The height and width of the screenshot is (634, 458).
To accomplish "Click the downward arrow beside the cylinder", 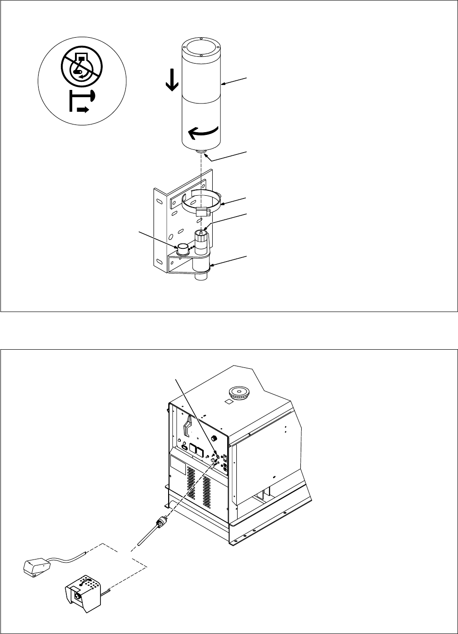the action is click(172, 80).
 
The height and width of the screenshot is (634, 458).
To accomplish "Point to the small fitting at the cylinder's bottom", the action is click(200, 154).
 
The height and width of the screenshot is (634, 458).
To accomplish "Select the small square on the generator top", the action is click(229, 401).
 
